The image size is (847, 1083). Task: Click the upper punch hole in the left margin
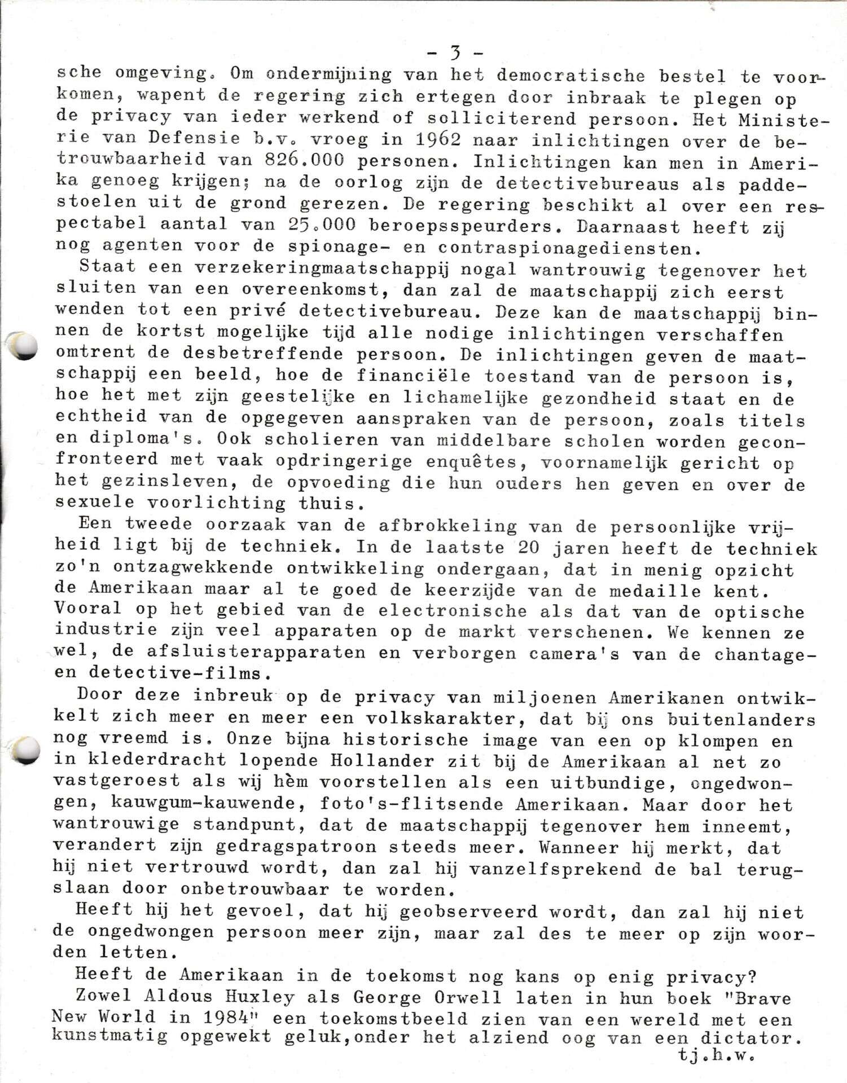tap(24, 346)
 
